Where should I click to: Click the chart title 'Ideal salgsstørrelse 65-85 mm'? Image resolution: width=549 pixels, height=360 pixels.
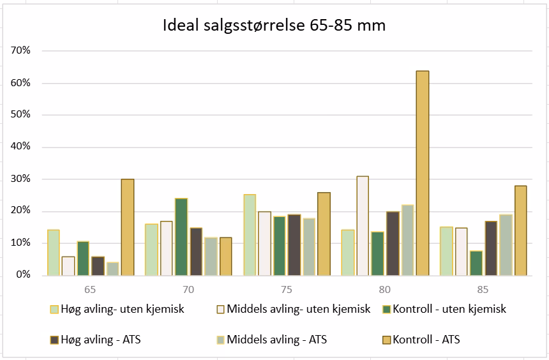tap(274, 26)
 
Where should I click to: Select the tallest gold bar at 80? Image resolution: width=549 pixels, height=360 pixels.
tap(423, 172)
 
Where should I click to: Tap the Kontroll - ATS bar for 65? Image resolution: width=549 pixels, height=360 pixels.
tap(128, 227)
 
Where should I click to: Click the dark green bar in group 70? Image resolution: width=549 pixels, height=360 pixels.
tap(181, 236)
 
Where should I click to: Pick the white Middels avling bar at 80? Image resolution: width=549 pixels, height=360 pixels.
tap(363, 225)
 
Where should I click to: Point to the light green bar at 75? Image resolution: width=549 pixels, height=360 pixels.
tap(250, 234)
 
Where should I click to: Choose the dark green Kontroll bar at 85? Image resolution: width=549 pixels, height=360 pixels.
tap(476, 262)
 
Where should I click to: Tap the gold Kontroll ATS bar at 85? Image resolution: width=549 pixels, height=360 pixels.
tap(520, 230)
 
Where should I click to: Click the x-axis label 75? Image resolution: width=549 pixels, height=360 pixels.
tap(287, 290)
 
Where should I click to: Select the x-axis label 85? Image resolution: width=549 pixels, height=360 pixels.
tap(483, 290)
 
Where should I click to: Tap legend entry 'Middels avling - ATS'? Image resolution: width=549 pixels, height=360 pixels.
tap(276, 340)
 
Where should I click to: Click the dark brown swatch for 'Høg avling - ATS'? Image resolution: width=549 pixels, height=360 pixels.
tap(55, 340)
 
